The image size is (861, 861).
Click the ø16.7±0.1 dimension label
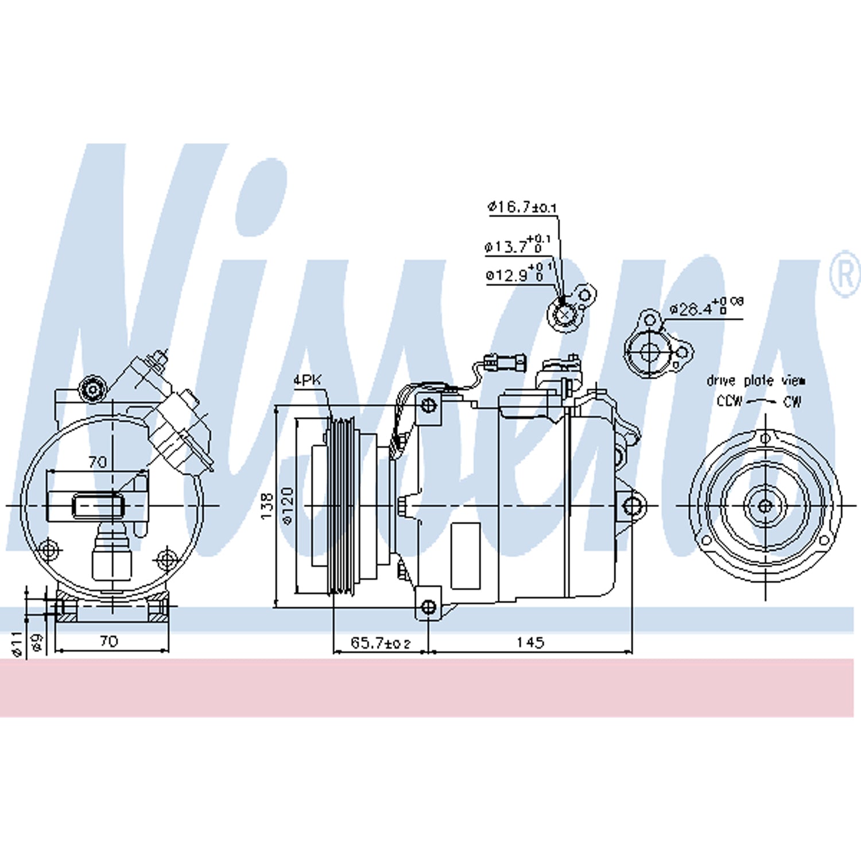click(522, 207)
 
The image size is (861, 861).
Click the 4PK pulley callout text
click(308, 380)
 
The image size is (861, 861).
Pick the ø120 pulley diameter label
click(288, 506)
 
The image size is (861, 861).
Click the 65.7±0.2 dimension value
click(380, 643)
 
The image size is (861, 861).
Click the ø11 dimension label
click(17, 643)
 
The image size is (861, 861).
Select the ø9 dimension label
click(37, 642)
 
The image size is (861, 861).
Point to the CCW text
click(729, 401)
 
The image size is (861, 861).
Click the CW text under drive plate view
click(792, 401)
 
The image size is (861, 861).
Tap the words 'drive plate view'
click(755, 381)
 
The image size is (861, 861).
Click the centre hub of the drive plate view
click(765, 506)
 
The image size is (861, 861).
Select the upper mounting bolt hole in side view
click(428, 406)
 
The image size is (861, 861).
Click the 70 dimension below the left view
click(109, 641)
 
